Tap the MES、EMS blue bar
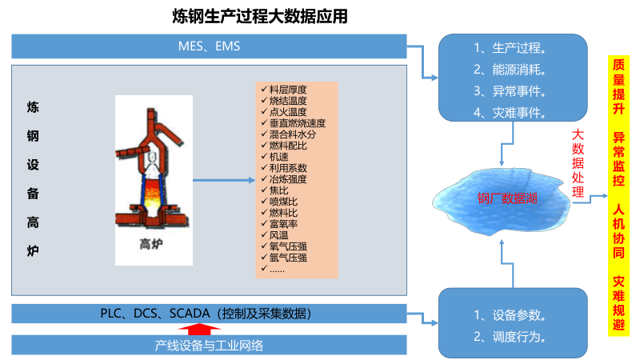click(209, 46)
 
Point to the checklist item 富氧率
click(283, 224)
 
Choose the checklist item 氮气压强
click(288, 258)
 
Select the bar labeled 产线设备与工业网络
click(209, 346)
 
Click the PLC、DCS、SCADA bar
click(209, 313)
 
